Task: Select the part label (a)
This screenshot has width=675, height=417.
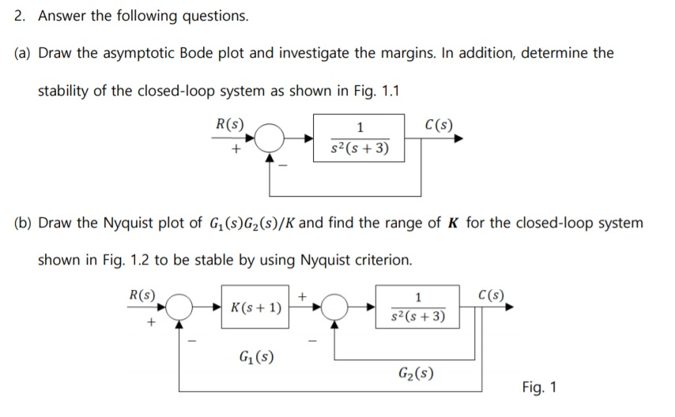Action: (x=25, y=53)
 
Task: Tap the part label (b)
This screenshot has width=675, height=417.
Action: (x=25, y=223)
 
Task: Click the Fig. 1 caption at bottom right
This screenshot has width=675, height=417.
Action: (x=540, y=387)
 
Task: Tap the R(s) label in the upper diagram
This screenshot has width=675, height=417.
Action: (x=229, y=124)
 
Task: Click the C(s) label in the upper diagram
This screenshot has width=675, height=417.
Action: (x=439, y=124)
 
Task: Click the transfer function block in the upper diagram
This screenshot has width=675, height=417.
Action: (x=360, y=138)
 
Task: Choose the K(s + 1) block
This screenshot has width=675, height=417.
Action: (x=254, y=307)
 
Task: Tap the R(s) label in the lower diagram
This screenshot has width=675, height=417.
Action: (x=142, y=295)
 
